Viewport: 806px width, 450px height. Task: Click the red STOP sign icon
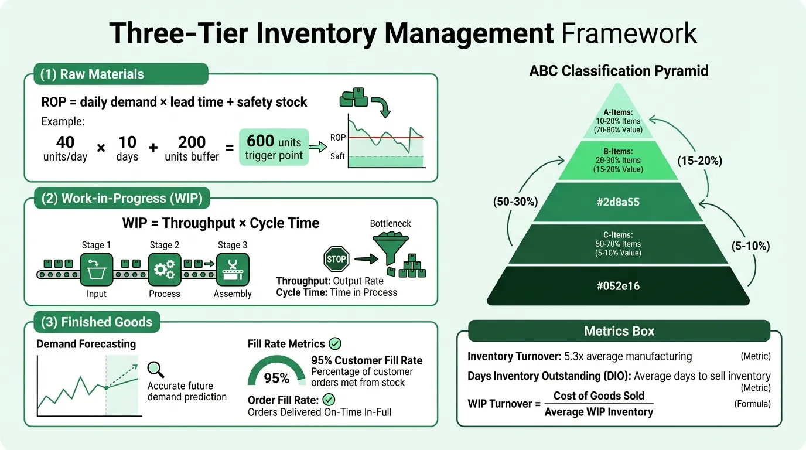(336, 258)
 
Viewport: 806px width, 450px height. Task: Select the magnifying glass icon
(156, 369)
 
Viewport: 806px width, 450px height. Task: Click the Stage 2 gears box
(165, 269)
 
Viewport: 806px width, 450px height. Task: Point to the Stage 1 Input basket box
(96, 269)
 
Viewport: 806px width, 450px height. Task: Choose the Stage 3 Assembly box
(233, 269)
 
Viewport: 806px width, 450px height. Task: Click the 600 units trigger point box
(274, 146)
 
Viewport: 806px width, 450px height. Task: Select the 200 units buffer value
(192, 142)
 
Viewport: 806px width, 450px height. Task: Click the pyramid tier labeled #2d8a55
(619, 203)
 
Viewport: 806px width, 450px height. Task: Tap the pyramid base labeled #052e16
(619, 286)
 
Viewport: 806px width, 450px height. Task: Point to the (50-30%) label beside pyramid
(515, 202)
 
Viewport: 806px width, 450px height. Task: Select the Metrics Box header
(619, 331)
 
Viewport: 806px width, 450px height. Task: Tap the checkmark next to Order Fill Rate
(329, 400)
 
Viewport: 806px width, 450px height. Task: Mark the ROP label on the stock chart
(338, 138)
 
